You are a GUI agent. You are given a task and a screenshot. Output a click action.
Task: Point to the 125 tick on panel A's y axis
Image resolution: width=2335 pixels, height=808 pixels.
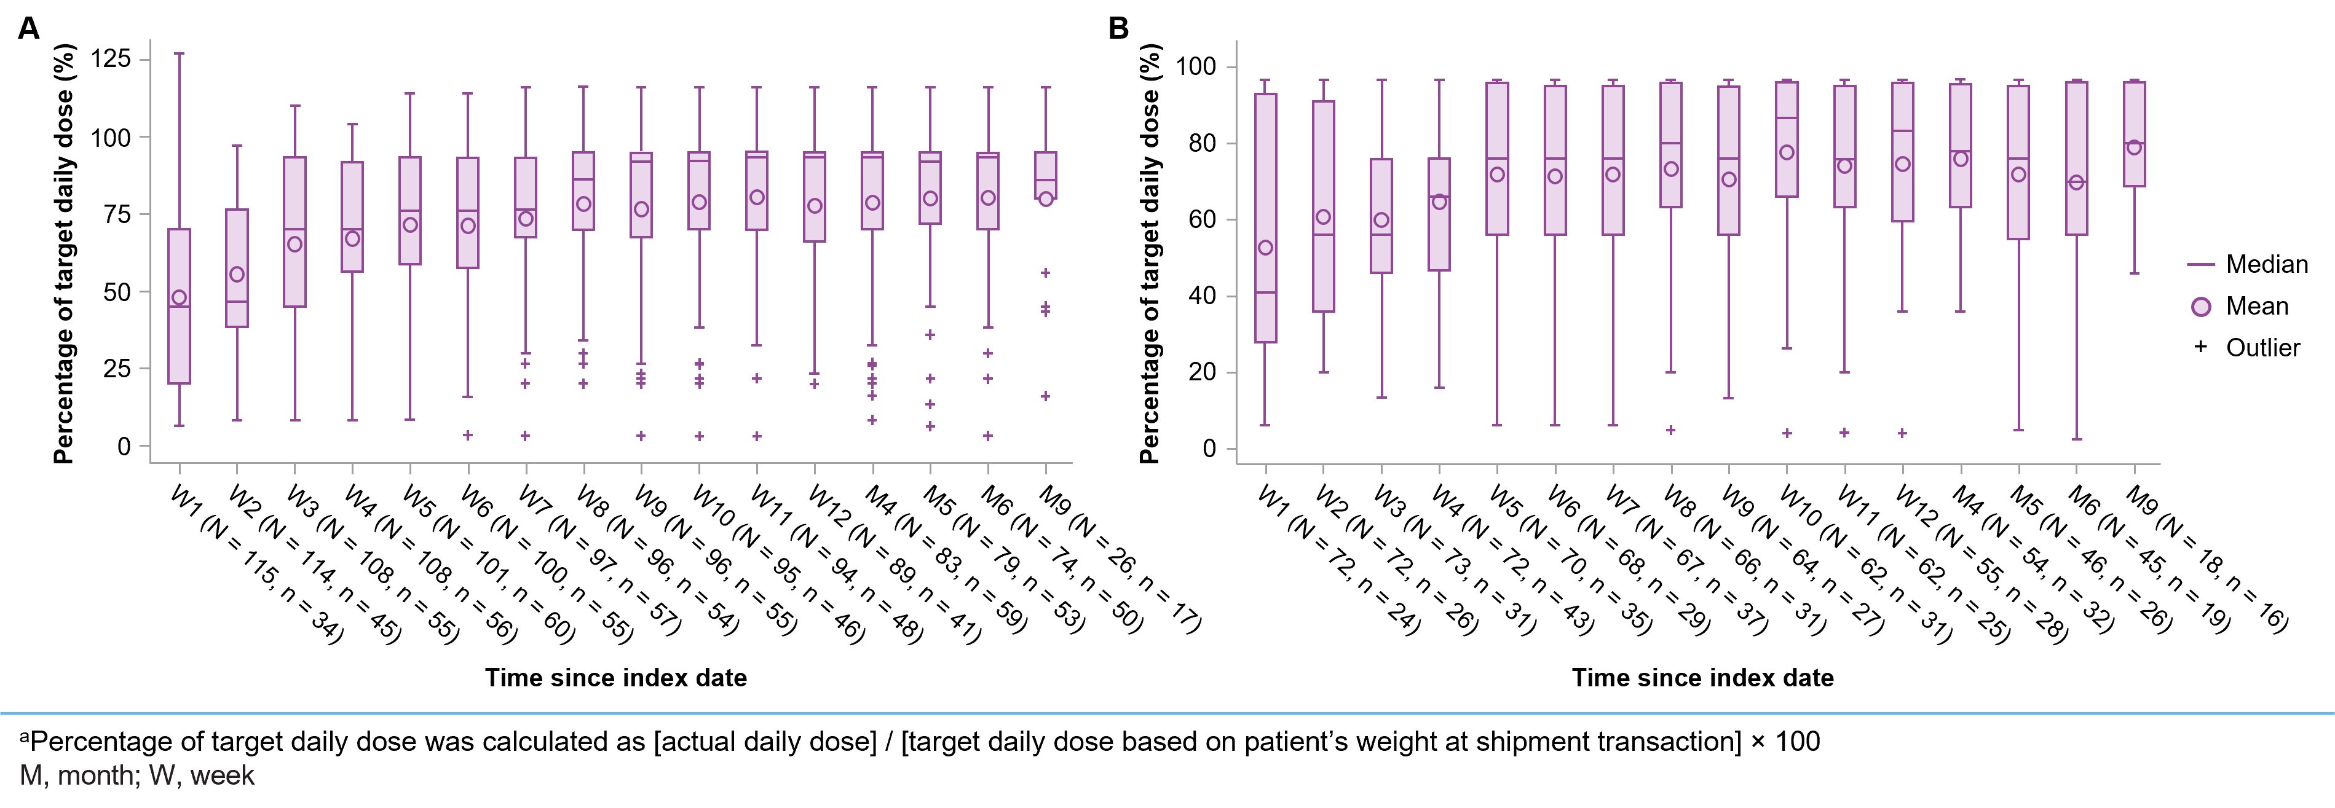pos(111,59)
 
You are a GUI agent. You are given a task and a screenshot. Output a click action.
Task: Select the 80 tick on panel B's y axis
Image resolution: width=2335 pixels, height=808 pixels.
pos(1196,143)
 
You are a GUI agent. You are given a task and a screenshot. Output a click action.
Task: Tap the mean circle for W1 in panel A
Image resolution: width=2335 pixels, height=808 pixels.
pos(180,297)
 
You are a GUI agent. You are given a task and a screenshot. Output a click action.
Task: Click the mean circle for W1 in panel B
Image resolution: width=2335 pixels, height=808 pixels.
pos(1265,247)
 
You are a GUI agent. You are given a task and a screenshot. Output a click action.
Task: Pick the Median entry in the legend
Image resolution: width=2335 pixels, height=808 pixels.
pos(2266,264)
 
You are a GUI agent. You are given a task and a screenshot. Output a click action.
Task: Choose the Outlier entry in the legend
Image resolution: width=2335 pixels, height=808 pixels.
pos(2262,348)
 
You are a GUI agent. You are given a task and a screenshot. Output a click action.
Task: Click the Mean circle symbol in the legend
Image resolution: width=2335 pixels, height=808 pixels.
pos(2201,306)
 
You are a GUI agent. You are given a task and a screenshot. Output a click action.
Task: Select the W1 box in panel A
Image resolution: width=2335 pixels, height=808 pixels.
pos(180,344)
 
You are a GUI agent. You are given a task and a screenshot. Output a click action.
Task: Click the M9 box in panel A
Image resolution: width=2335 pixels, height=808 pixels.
pos(1045,172)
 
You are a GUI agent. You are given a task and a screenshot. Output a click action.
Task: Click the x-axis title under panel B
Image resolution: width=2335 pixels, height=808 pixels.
pos(1702,678)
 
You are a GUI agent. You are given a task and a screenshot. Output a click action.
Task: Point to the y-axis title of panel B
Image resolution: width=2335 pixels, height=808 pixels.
pos(1150,254)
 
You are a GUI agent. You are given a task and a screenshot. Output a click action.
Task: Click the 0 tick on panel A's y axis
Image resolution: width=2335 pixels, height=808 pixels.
pos(124,445)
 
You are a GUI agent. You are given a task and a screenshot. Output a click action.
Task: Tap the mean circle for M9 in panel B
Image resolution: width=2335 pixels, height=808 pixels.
pos(2135,147)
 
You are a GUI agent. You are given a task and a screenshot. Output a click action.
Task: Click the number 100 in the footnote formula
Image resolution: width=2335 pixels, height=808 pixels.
pos(1798,742)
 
